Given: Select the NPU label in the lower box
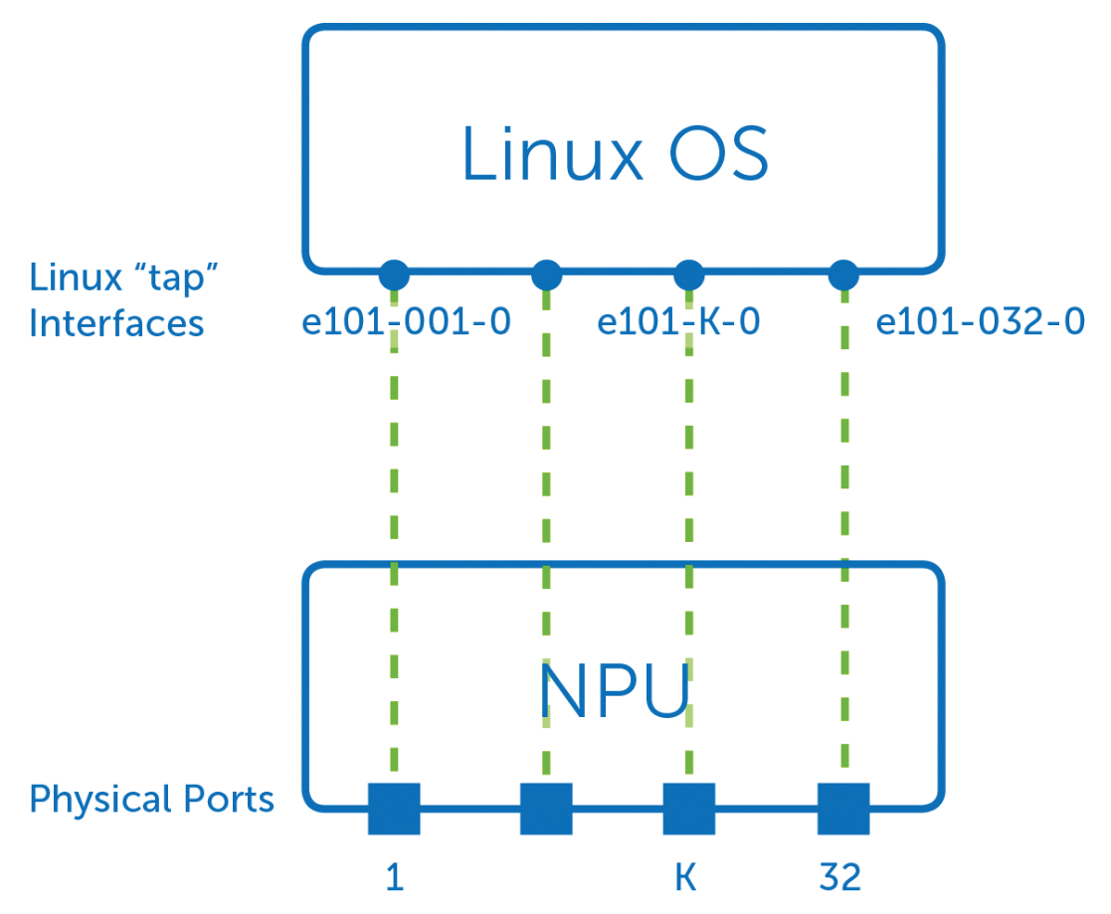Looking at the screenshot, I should (x=614, y=693).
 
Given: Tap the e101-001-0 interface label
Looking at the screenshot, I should (x=406, y=322).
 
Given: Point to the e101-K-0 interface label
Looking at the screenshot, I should (x=678, y=322).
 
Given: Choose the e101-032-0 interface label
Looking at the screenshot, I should (x=980, y=322).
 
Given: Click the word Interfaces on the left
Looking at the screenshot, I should (x=116, y=323).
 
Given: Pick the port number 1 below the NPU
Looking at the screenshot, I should (x=395, y=878).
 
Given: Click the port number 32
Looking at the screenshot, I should (x=840, y=878).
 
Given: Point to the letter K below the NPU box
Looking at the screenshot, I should (x=685, y=878).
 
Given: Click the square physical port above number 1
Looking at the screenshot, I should (x=394, y=809).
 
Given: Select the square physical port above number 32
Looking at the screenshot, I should (x=843, y=809).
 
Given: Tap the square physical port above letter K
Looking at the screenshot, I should (x=689, y=809).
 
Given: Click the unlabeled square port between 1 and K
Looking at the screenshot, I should (x=546, y=809).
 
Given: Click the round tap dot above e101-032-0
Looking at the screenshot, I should (x=843, y=273).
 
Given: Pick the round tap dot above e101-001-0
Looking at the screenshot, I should (x=394, y=273).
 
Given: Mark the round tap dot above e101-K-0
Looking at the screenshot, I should (x=689, y=273).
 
